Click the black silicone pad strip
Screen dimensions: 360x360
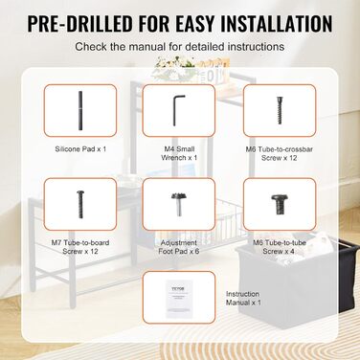(x=80, y=110)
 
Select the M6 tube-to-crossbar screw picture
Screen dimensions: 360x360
(x=280, y=110)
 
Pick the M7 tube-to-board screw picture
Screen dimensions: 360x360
(x=79, y=204)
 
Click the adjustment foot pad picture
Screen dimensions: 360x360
(x=179, y=204)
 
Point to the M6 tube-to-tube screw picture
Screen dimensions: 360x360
(x=280, y=204)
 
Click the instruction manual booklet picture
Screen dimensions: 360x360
(x=179, y=298)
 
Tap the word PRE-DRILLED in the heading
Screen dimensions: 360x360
(x=79, y=23)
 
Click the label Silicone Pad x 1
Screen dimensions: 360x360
(x=80, y=149)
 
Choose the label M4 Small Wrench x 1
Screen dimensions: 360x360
(x=179, y=153)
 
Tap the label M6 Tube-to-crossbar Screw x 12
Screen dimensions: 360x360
(x=280, y=153)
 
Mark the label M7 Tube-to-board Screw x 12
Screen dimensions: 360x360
(x=80, y=247)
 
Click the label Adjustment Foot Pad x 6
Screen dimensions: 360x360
(x=179, y=247)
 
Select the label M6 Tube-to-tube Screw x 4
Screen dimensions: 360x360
(x=280, y=247)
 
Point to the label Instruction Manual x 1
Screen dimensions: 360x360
(x=243, y=298)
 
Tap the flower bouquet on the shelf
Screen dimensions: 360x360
(x=169, y=66)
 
